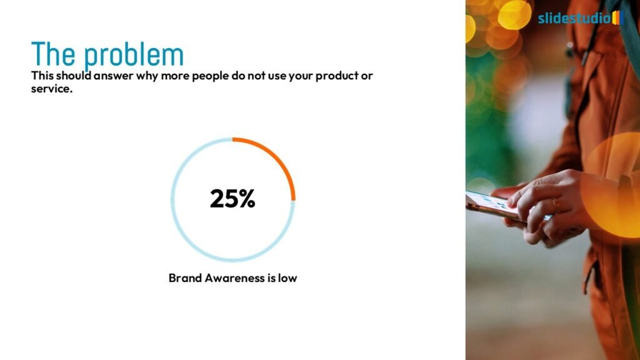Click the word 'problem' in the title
coord(134,54)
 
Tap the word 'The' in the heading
coord(53,54)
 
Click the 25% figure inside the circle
coord(232,199)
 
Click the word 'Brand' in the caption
coord(185,278)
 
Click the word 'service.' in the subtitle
coord(52,89)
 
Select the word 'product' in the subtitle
coord(337,76)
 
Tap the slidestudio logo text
coord(574,18)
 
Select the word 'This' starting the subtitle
coord(42,76)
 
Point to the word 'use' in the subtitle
coord(277,76)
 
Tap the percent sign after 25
coord(247,199)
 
